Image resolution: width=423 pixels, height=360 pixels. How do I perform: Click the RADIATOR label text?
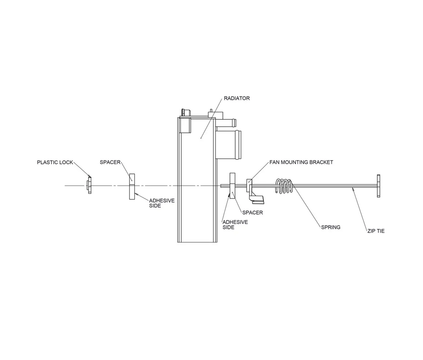[237, 98]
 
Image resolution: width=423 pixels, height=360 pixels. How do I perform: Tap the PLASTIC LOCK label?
[55, 162]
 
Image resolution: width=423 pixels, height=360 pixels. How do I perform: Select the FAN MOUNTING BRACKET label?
[301, 162]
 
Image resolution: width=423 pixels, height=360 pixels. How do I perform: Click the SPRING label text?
[330, 227]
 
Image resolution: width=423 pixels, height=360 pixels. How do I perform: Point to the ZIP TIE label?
[376, 231]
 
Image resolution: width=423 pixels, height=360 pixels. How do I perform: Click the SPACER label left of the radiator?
[110, 162]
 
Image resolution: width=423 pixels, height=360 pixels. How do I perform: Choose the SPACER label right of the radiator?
[253, 212]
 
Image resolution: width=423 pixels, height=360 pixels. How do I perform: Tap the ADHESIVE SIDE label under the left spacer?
[162, 203]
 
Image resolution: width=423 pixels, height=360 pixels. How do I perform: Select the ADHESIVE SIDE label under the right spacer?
[235, 225]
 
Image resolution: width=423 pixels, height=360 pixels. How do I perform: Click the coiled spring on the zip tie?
[284, 186]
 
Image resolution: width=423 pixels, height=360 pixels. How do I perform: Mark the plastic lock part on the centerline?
[89, 185]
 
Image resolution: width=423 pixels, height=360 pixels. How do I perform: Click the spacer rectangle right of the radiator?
[233, 186]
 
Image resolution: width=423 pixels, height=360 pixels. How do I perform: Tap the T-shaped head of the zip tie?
[379, 186]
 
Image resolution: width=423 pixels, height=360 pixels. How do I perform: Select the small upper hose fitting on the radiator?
[228, 123]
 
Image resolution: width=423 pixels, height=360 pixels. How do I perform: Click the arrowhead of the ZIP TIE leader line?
[354, 190]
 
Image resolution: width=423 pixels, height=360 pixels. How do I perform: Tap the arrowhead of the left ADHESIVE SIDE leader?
[136, 194]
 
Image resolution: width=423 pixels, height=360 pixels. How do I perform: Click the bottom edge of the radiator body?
[197, 242]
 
